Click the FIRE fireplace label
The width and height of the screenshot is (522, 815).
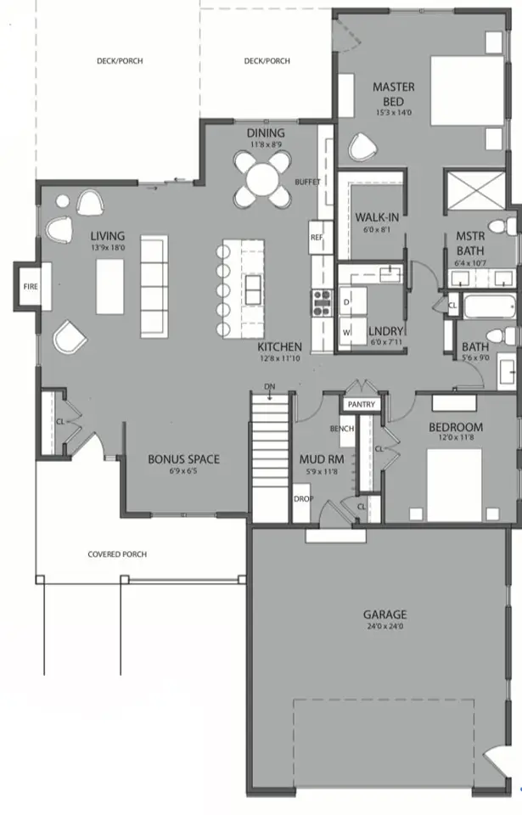point(29,286)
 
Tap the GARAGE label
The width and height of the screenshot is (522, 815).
point(384,615)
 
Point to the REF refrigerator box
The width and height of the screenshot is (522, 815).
point(317,237)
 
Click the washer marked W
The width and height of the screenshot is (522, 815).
point(346,331)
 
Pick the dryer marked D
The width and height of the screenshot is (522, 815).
point(346,302)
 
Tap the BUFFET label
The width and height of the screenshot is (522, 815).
point(307,183)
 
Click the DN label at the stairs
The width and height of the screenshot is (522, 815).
point(270,387)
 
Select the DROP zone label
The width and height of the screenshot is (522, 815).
point(303,498)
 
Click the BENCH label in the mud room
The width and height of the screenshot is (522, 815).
point(341,429)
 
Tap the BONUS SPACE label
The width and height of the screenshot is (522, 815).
point(183,459)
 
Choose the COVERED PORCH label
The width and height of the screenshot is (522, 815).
point(117,554)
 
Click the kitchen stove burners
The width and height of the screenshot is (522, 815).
point(323,298)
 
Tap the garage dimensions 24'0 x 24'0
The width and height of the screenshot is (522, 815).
point(384,628)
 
